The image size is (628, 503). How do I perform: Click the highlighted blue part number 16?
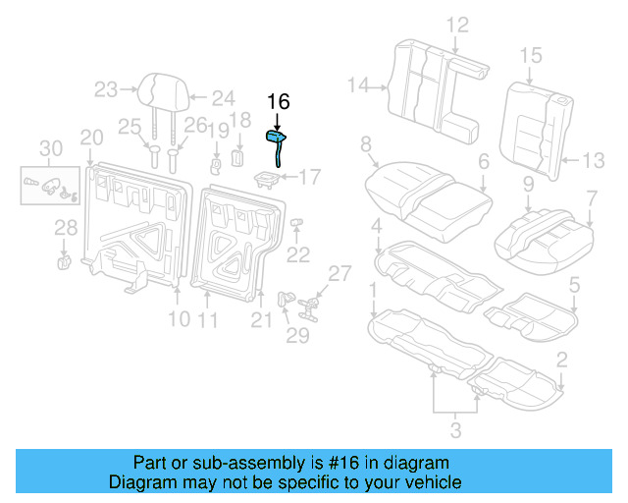point(278,144)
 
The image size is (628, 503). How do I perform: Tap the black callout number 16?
point(279,102)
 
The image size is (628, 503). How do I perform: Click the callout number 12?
point(458,26)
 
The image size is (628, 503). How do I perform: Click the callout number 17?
point(309,178)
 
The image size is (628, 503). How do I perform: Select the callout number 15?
point(531,55)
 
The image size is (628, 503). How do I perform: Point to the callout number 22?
point(297,254)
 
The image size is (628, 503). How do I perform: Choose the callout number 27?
point(339,273)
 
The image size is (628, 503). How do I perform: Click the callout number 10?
point(178,318)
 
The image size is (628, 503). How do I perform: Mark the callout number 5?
point(575,286)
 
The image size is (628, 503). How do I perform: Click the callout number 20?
point(91,137)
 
